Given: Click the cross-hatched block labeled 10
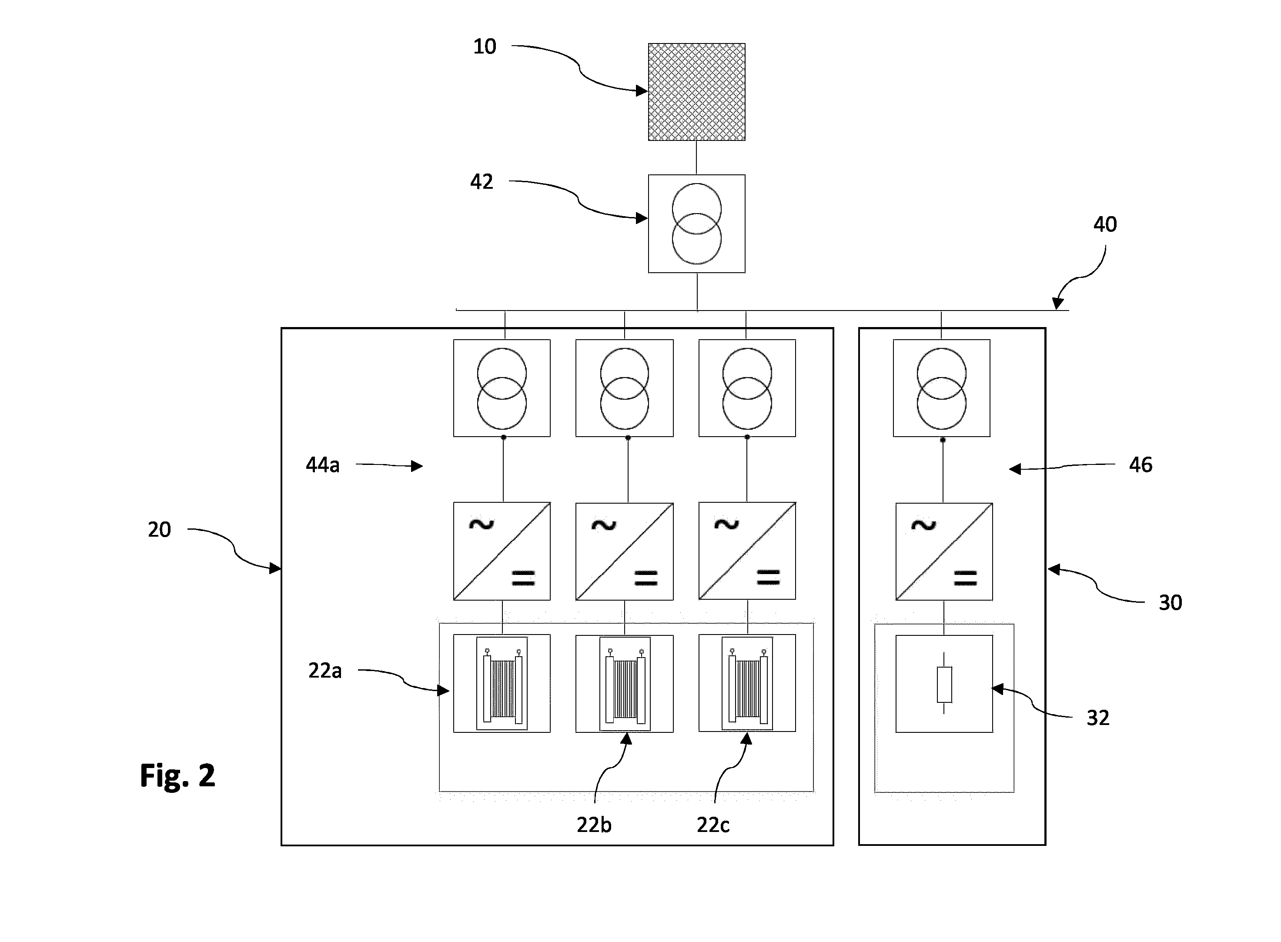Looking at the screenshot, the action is (x=696, y=92).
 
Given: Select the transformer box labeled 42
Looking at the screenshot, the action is (x=696, y=224).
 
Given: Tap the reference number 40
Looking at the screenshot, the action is (x=1105, y=225).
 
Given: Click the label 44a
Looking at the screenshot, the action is (x=323, y=465).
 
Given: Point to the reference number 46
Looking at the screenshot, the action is (x=1141, y=465).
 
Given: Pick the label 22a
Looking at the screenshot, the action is (x=325, y=671).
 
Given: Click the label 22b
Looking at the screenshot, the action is (x=594, y=825).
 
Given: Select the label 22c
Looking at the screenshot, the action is (x=713, y=825).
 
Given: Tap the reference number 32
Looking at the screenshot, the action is (x=1098, y=718).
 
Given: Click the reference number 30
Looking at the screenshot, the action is (x=1171, y=603).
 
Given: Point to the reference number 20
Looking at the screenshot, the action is (x=159, y=530).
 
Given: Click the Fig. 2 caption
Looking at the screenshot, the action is (x=177, y=775).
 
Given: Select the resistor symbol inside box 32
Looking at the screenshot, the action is (x=944, y=684).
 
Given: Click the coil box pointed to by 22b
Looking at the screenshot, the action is (x=625, y=684).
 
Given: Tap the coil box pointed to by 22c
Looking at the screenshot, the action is (x=747, y=683).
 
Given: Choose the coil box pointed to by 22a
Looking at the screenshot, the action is (x=502, y=683).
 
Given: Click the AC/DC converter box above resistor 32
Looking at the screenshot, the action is (x=944, y=551).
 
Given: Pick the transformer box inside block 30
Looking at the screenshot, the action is (x=942, y=388).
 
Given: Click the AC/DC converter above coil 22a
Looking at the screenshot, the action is (x=502, y=551).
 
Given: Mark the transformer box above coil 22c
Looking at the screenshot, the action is (x=747, y=388).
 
